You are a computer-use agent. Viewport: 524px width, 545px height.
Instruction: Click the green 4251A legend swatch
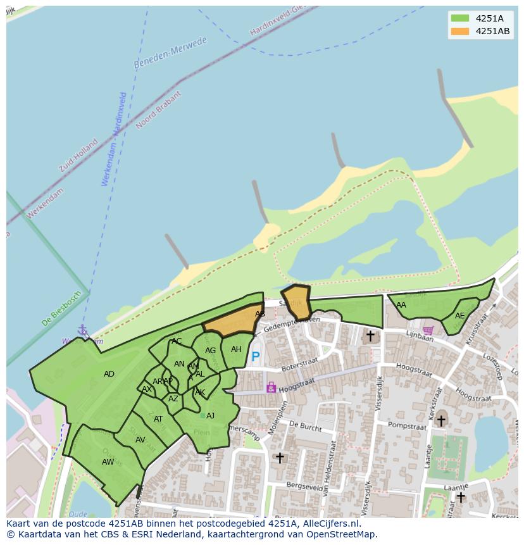point(460,18)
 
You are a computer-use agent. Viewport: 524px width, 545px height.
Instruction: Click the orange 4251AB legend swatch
point(460,31)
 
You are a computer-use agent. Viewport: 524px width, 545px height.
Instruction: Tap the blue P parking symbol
point(256,357)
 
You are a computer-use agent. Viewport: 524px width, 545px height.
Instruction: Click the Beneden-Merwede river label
point(170,53)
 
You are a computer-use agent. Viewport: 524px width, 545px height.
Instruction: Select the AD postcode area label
point(109,374)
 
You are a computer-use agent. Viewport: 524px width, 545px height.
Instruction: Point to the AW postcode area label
point(108,462)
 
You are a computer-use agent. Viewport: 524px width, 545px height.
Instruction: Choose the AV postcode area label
point(140,440)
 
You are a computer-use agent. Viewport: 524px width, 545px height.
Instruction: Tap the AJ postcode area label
point(210,416)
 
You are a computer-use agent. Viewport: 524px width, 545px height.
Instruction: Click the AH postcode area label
point(236,349)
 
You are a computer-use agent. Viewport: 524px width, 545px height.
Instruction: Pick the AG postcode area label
point(210,351)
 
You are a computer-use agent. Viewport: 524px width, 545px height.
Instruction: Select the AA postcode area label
point(401,305)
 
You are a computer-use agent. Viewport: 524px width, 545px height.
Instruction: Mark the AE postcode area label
point(459,316)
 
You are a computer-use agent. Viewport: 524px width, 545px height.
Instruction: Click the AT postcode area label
point(158,419)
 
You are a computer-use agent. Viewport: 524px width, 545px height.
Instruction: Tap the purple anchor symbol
point(82,330)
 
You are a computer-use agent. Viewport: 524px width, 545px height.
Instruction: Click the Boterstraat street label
point(297,366)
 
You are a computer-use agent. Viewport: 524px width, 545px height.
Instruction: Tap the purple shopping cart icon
point(428,330)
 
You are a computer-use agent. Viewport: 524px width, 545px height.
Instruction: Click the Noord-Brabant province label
point(159,110)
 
